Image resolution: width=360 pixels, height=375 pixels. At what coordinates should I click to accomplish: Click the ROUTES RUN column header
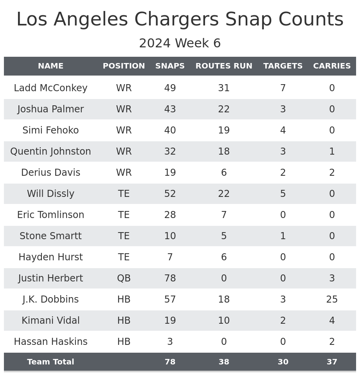click(x=224, y=66)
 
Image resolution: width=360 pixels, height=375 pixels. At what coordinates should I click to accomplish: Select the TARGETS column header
click(x=283, y=66)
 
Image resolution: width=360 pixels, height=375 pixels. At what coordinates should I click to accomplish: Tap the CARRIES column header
click(x=332, y=66)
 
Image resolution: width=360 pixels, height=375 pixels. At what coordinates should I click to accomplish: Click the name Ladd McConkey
click(x=50, y=88)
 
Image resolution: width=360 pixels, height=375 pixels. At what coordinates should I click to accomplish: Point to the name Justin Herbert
click(x=50, y=278)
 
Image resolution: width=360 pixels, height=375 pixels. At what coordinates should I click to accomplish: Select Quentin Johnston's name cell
click(x=50, y=151)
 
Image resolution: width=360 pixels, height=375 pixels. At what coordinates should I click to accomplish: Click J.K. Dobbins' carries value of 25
click(x=332, y=299)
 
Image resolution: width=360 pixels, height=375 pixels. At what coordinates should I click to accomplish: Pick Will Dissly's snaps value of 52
click(x=170, y=194)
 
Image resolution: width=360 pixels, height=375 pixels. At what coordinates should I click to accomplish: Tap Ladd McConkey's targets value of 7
click(x=283, y=88)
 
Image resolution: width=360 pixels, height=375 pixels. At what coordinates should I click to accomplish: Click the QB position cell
click(x=124, y=278)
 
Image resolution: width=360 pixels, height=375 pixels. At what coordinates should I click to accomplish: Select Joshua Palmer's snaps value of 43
click(x=170, y=109)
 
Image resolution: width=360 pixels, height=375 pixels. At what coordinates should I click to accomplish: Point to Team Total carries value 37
click(x=332, y=362)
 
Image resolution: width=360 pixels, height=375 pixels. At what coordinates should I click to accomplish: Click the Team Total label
click(x=50, y=362)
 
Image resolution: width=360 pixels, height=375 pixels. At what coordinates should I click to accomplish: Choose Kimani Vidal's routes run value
click(x=224, y=321)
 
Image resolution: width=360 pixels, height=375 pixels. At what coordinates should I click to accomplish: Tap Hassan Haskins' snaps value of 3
click(x=170, y=342)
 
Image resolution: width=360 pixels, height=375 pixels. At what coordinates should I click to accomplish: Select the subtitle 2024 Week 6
click(x=180, y=43)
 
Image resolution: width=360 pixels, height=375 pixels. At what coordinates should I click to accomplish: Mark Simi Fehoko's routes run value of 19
click(x=224, y=130)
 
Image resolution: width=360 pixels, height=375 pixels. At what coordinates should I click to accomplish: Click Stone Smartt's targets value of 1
click(x=283, y=236)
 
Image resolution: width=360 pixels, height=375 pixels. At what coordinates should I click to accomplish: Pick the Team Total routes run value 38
click(x=224, y=362)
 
